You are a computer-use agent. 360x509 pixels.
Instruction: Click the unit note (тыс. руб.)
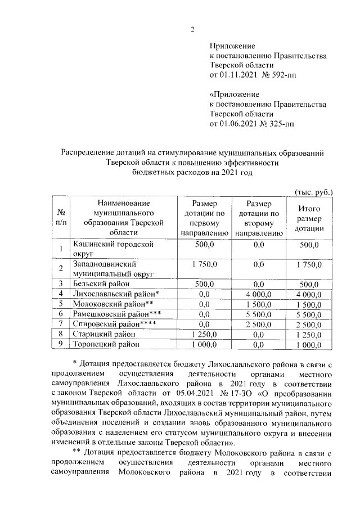coord(314,192)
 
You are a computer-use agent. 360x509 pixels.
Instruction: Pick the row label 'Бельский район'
coord(99,283)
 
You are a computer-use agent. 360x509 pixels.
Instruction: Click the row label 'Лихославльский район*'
coord(116,294)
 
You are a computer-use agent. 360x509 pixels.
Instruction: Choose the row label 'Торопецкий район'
coord(105,344)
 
